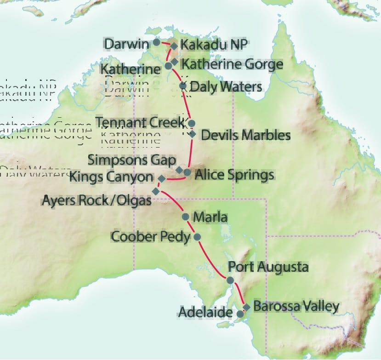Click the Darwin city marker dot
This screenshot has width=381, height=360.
(156, 42)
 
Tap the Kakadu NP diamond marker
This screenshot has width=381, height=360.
(174, 46)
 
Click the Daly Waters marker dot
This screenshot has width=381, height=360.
(182, 86)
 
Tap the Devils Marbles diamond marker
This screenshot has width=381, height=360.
(193, 134)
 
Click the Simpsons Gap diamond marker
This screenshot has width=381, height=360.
(180, 170)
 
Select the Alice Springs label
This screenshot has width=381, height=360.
(234, 175)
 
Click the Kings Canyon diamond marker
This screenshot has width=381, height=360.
(161, 178)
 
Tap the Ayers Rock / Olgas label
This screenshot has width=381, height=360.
(97, 200)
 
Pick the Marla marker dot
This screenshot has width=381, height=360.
(185, 217)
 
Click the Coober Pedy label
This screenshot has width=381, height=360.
(151, 237)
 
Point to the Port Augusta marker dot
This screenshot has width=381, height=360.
(230, 280)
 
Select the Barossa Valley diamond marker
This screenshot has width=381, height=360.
(247, 307)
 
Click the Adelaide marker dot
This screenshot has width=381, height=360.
(239, 314)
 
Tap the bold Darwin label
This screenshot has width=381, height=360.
(127, 44)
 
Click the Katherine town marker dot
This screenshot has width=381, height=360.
(168, 66)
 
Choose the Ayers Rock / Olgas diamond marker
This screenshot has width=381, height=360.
(156, 190)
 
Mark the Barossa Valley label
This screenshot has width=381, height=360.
(296, 306)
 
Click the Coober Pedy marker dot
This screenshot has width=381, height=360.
(198, 237)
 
